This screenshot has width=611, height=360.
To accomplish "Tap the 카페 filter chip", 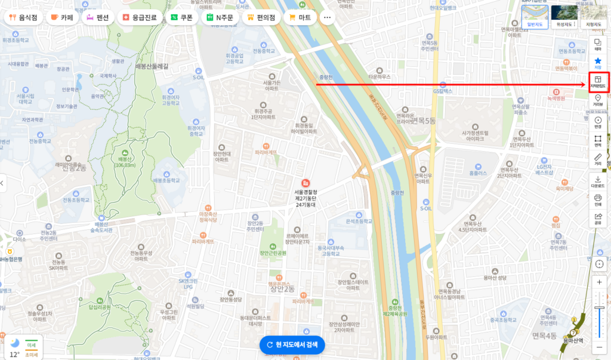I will click(62, 17).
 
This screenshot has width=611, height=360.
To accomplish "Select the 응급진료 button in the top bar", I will click(140, 17).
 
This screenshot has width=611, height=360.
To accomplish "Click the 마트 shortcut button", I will click(300, 17).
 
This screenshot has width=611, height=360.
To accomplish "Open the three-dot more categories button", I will click(327, 17).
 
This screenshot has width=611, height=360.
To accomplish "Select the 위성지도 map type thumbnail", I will click(564, 16).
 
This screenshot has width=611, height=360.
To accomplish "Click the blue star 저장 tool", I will click(598, 63).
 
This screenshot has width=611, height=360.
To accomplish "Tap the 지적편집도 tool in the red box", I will click(598, 82).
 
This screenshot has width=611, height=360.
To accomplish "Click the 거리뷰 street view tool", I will click(598, 101).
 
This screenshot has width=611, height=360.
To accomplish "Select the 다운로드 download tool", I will click(598, 181).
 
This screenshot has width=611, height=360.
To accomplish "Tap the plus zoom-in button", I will click(599, 282).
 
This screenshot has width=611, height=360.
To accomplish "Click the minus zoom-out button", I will click(599, 347).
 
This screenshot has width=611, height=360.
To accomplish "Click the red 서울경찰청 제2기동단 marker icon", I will click(305, 182).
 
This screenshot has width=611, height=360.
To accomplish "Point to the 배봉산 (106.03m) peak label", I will click(124, 160).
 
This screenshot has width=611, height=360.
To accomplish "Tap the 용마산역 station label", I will click(573, 340).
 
